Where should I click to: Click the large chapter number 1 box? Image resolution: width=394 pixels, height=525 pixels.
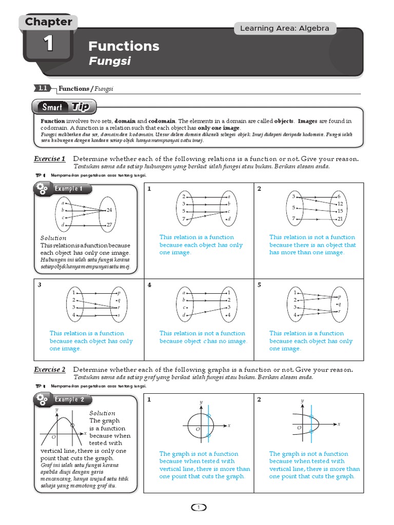pyautogui.click(x=48, y=45)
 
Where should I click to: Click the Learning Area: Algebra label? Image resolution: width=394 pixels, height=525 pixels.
pyautogui.click(x=285, y=28)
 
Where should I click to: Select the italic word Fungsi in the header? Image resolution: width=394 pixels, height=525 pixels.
pyautogui.click(x=109, y=61)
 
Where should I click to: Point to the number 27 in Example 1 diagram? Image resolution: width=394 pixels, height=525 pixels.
pyautogui.click(x=109, y=225)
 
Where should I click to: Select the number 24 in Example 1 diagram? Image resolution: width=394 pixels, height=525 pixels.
pyautogui.click(x=109, y=210)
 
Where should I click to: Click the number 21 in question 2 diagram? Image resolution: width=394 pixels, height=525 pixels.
pyautogui.click(x=340, y=219)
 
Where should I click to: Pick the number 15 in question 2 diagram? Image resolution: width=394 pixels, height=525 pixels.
pyautogui.click(x=340, y=211)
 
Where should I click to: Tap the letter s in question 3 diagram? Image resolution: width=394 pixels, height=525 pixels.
pyautogui.click(x=119, y=315)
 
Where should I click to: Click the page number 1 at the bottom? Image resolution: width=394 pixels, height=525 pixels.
pyautogui.click(x=198, y=508)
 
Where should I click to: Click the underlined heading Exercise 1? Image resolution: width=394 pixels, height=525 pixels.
pyautogui.click(x=49, y=159)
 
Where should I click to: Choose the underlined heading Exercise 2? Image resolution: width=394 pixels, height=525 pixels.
pyautogui.click(x=49, y=370)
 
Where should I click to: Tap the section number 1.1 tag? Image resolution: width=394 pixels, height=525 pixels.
pyautogui.click(x=43, y=88)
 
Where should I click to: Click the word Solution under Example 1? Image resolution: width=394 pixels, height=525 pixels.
pyautogui.click(x=53, y=238)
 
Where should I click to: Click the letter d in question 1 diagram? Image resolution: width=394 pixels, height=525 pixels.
pyautogui.click(x=229, y=219)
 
